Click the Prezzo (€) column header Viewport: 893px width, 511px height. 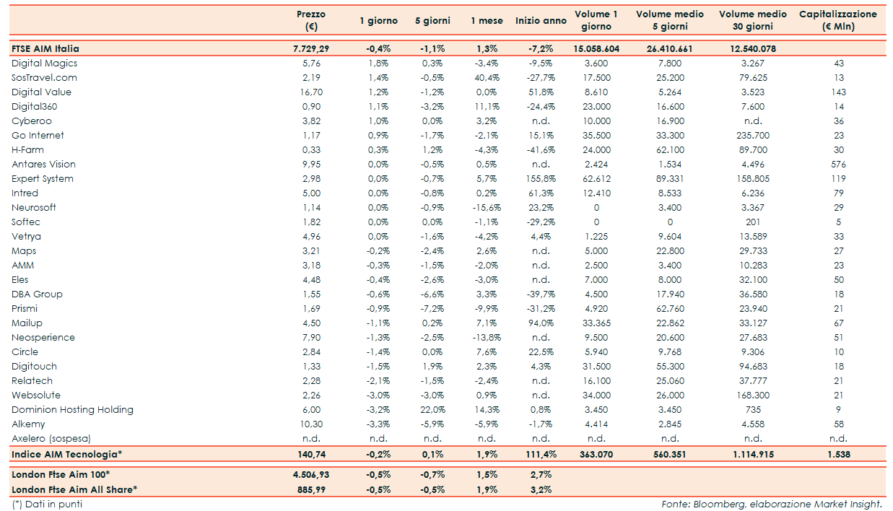coord(311,20)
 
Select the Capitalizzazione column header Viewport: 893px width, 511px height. coord(837,20)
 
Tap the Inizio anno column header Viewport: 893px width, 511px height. coord(541,21)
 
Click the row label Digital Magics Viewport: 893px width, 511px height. coord(44,64)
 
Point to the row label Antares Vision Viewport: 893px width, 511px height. coord(43,165)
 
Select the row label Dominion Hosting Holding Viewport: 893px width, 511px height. coord(72,410)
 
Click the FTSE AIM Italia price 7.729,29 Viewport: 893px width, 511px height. coord(311,49)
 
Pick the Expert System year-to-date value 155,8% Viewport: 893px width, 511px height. coord(541,179)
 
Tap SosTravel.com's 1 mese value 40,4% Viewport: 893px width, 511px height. coord(487,78)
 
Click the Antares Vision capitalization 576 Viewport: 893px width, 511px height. coord(838,165)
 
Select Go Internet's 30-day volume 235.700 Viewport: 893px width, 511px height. coord(753,136)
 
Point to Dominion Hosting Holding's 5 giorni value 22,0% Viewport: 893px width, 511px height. coord(432,410)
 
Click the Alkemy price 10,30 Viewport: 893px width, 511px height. coord(311,424)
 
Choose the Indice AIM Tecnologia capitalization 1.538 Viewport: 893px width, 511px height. coord(838,455)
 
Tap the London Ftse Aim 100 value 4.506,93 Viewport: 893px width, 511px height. coord(311,475)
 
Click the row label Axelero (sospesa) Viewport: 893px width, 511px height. coord(51,439)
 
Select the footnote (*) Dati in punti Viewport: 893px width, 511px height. coord(47,505)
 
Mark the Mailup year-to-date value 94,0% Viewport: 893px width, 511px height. coord(541,323)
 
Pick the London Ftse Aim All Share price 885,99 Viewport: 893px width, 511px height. coord(311,490)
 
